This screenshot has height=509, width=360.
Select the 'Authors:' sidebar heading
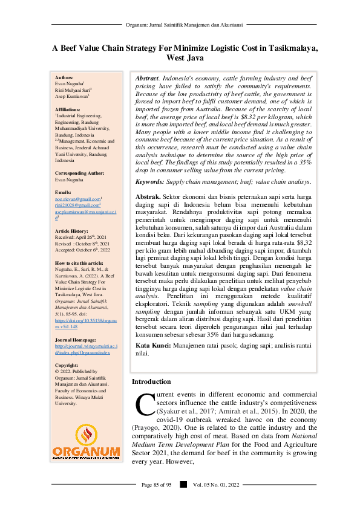point(64,78)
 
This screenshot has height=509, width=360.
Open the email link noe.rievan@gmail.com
point(77,198)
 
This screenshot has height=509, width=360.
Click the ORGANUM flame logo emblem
point(85,434)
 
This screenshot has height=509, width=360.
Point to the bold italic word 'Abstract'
point(147,79)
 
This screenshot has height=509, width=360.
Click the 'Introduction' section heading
point(151,382)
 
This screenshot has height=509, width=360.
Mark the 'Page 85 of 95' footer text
point(157,484)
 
